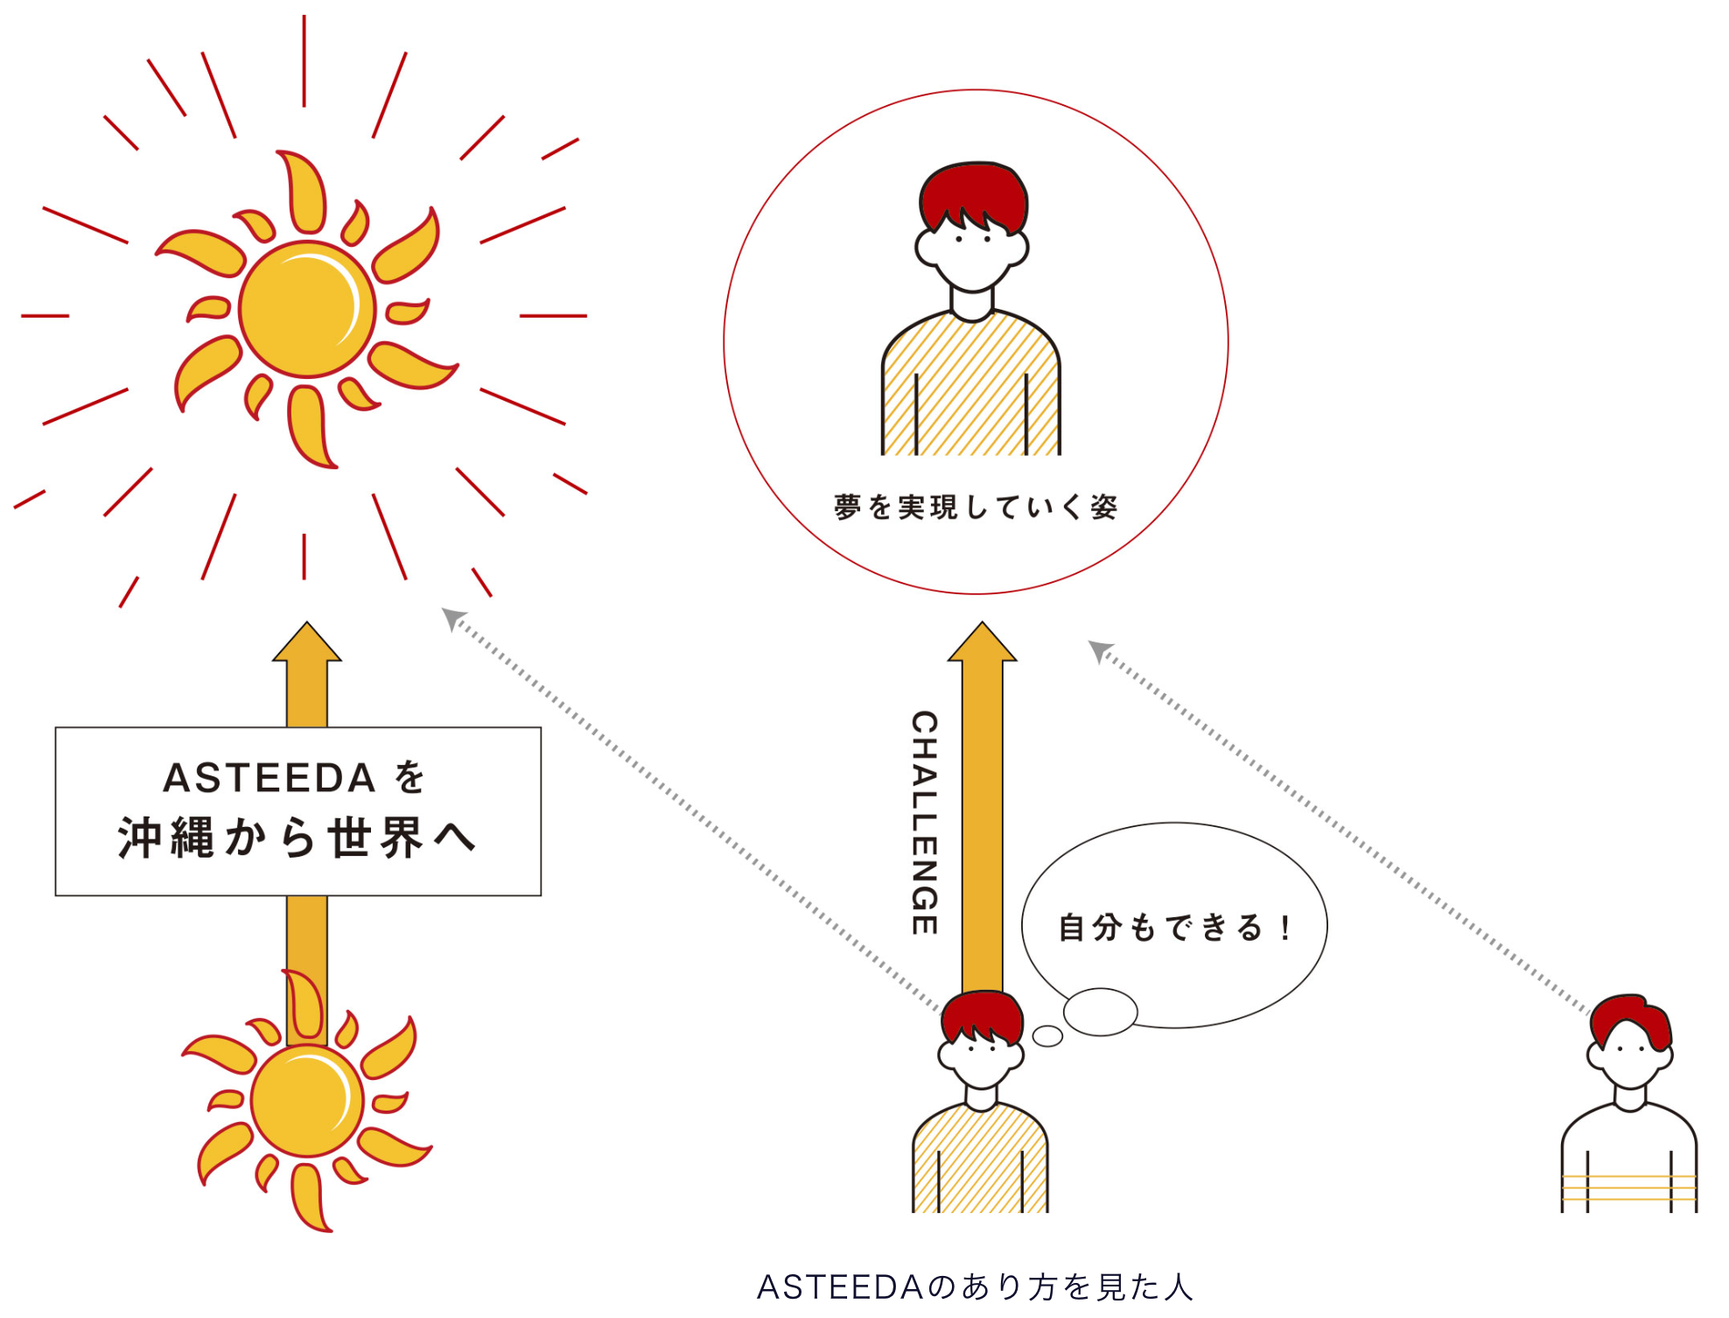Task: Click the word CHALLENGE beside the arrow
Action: [925, 823]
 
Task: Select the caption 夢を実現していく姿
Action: [976, 507]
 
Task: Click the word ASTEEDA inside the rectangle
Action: [269, 778]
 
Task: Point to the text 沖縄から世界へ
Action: [297, 838]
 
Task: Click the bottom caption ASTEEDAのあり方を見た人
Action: [975, 1286]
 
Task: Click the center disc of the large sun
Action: [307, 309]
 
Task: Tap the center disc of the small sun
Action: [306, 1101]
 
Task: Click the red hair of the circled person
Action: [973, 193]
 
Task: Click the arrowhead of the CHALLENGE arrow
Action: [982, 643]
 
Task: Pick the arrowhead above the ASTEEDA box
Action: [306, 643]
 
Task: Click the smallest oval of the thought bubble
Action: [1047, 1036]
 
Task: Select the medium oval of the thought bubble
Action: [1100, 1012]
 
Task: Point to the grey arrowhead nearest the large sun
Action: [452, 619]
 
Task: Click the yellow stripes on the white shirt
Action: [1629, 1188]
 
